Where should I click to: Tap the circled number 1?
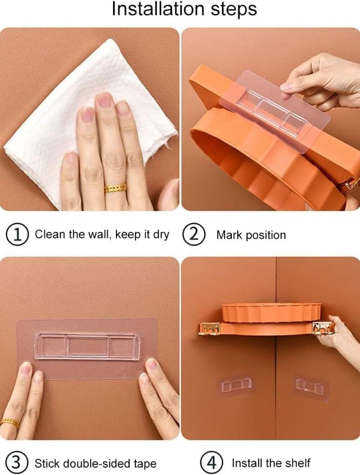pos(17,234)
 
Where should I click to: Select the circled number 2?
pos(194,234)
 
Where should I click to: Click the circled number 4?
pos(211,462)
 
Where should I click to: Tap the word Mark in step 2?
pos(229,235)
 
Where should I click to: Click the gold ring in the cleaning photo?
pos(115,188)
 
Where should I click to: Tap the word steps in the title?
pos(234,10)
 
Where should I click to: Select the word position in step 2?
pos(266,236)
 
